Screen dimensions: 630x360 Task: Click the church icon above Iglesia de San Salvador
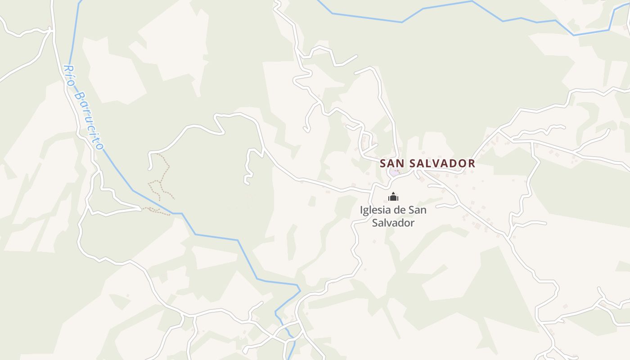click(393, 197)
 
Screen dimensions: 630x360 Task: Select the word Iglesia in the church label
click(376, 210)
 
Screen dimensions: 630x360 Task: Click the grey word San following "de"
click(418, 210)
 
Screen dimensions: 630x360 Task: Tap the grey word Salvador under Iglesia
click(393, 223)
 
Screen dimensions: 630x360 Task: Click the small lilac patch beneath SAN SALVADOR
click(395, 171)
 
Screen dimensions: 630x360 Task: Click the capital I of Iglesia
click(362, 210)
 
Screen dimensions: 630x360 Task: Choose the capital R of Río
click(66, 68)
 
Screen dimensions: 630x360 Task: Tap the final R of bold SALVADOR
click(472, 163)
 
